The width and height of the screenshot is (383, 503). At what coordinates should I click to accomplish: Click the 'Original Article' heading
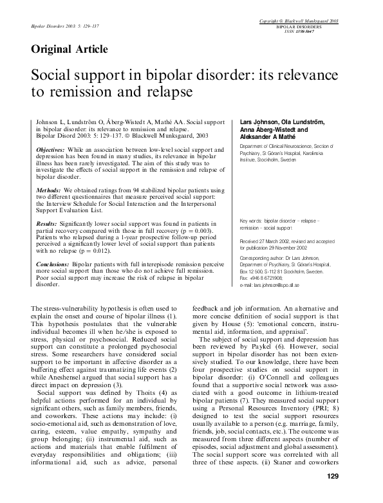(x=69, y=49)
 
